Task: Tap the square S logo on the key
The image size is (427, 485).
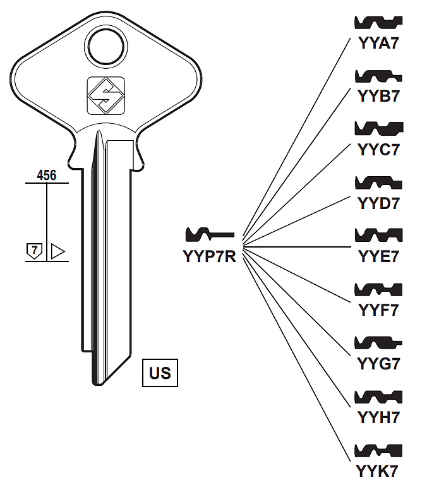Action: pos(106,96)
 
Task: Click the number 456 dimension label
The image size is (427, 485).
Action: pos(47,176)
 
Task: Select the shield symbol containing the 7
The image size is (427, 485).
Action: pos(34,251)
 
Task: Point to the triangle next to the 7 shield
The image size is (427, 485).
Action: pos(57,251)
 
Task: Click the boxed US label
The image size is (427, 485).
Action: pos(160,372)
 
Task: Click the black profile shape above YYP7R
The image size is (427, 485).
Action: pos(209,235)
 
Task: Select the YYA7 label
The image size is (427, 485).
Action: pos(379,44)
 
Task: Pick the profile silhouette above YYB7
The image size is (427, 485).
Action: pos(379,76)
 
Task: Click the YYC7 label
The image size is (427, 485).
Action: pos(379,150)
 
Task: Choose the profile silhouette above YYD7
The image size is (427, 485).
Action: pos(379,183)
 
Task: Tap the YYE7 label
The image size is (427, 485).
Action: pos(379,257)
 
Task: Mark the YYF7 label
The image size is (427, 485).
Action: pos(379,310)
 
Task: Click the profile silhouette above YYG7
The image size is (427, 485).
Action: pos(379,343)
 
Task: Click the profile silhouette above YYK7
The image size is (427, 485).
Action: pos(379,450)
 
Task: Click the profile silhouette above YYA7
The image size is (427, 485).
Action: pos(379,23)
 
